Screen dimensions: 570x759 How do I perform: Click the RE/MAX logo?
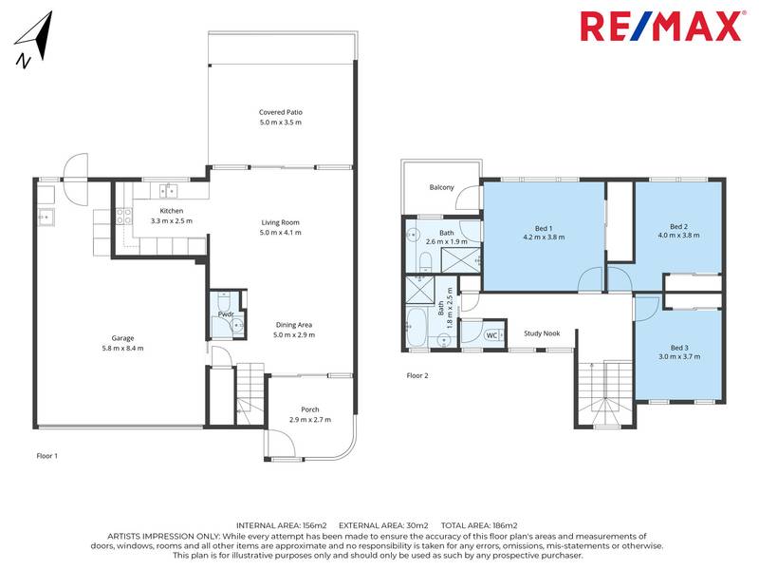660,27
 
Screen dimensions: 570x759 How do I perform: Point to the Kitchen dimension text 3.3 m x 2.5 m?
171,220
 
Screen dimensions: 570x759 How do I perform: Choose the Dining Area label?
292,325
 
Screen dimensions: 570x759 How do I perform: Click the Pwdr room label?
227,313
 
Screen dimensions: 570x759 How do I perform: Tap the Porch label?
297,408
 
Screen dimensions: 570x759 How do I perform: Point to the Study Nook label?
542,334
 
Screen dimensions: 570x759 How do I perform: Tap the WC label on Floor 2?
491,334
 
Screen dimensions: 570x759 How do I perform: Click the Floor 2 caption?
417,375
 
